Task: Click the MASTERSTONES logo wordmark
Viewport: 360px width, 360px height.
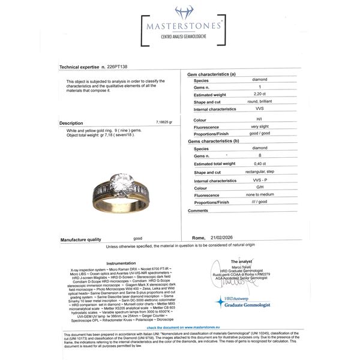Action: (x=179, y=28)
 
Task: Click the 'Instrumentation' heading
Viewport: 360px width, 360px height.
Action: (x=121, y=263)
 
